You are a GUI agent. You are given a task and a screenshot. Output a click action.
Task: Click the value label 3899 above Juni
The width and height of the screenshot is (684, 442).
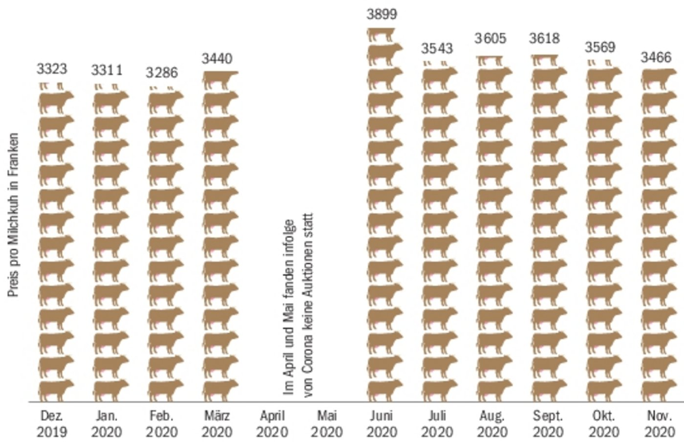pos(382,14)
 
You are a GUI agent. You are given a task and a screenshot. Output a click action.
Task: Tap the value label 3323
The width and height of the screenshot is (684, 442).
pos(52,69)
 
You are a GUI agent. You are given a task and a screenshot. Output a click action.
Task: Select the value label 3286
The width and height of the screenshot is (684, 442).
pos(162,73)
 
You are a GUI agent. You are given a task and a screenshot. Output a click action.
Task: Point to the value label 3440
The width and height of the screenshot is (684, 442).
pos(217,59)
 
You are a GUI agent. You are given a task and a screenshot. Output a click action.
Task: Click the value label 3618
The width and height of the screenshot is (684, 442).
pos(544,39)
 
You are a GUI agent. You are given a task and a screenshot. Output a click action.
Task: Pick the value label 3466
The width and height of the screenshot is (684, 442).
pos(656,58)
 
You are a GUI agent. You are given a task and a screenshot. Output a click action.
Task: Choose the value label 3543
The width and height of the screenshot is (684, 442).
pos(437,48)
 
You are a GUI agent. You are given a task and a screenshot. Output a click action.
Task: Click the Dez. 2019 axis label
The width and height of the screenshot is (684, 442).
pos(52,424)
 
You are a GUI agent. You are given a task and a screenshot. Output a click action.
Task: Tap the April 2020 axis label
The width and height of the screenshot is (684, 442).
pos(272,424)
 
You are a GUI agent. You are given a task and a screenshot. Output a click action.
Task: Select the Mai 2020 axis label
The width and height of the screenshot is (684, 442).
pos(327,424)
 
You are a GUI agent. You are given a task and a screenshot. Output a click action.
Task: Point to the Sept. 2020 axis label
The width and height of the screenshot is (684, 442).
pos(548,424)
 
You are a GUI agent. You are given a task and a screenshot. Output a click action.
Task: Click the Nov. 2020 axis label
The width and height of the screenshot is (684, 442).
pos(659,424)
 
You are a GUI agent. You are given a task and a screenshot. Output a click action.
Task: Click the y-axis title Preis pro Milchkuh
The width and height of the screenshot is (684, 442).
pos(13,215)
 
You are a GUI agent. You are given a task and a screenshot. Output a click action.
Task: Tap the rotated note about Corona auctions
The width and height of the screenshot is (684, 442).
pos(298,306)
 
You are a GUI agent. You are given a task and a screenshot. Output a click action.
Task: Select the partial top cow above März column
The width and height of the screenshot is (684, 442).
pos(220,80)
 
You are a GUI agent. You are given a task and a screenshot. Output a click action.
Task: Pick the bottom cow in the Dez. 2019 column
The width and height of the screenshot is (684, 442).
pos(56,390)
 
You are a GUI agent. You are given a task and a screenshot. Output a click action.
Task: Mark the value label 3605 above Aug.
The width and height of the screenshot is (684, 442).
pos(490,39)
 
